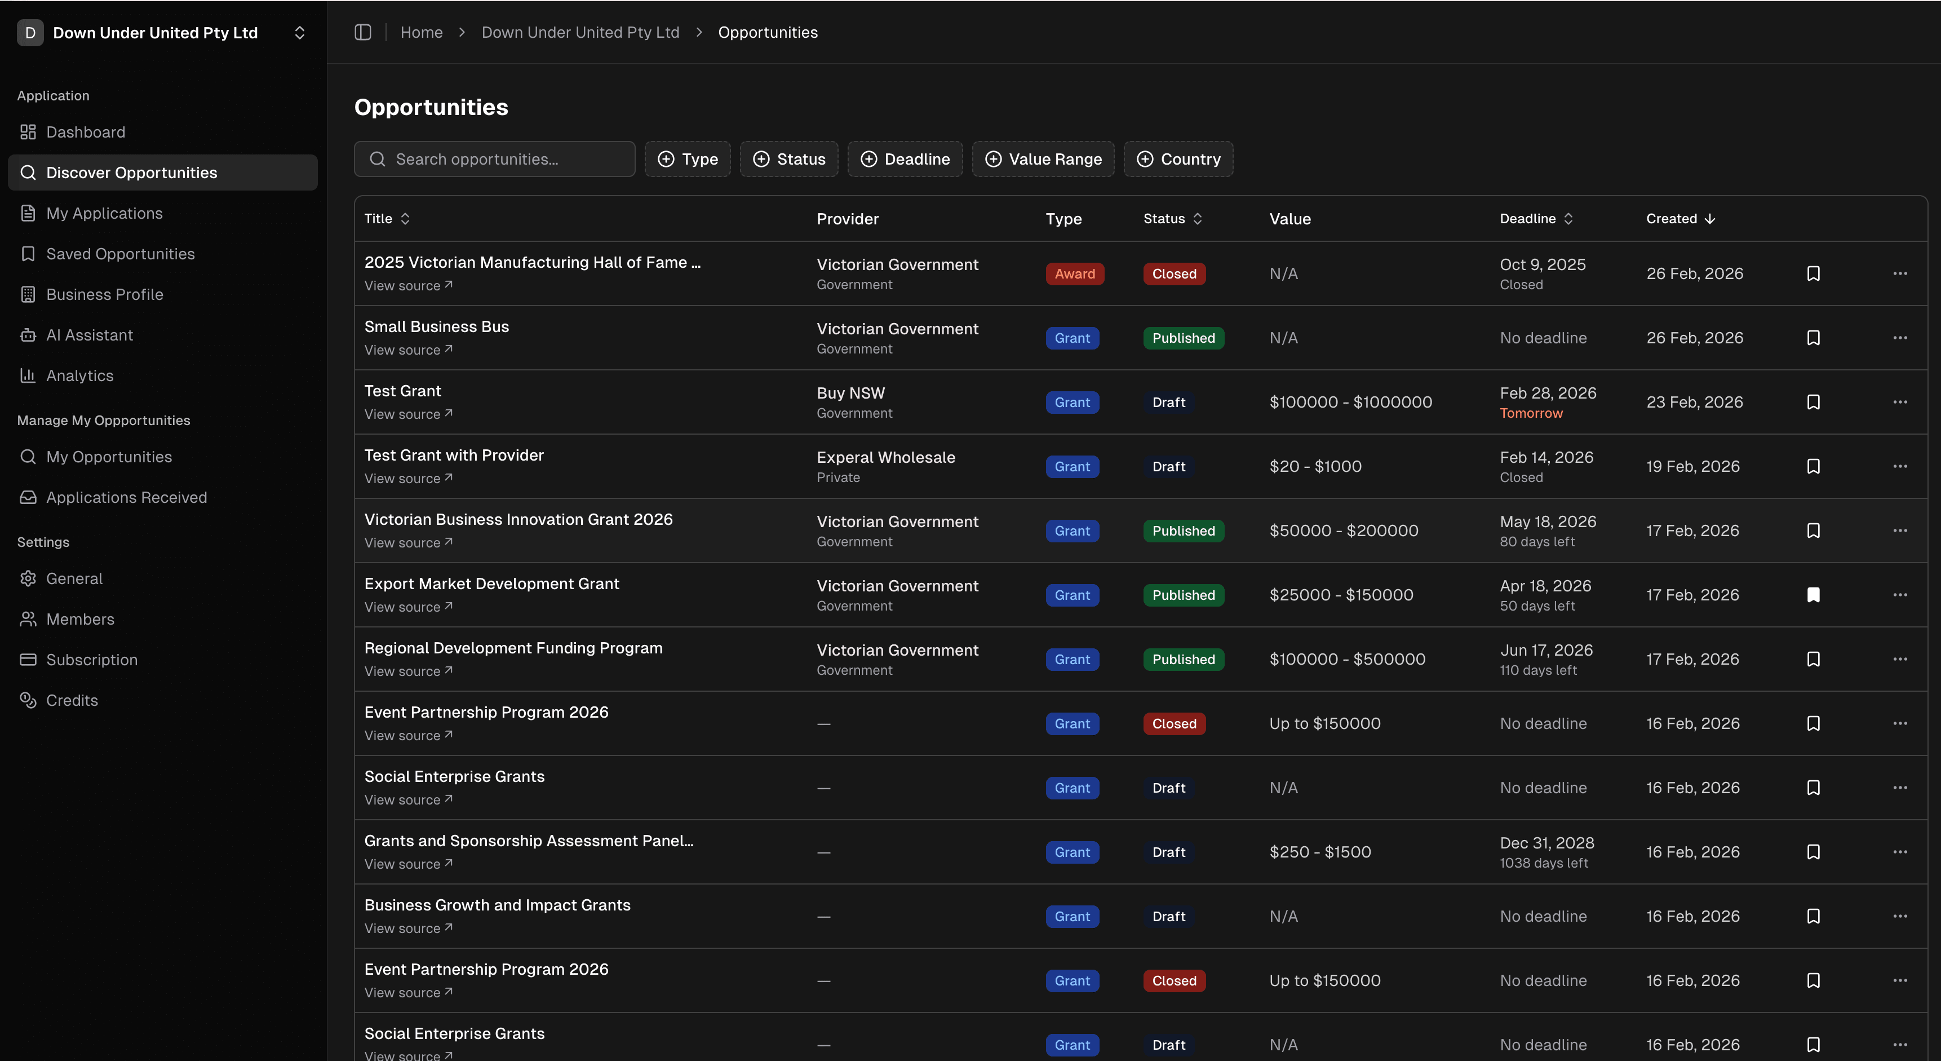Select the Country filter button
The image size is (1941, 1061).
[1178, 159]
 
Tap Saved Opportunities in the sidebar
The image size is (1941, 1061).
[120, 254]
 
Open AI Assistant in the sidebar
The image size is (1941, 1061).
[89, 335]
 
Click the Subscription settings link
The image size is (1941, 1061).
[91, 660]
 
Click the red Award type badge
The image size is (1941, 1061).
[1074, 273]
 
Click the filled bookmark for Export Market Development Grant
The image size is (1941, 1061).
[1813, 595]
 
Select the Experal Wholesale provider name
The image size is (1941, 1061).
[885, 457]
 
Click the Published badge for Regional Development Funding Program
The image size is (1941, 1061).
[1183, 660]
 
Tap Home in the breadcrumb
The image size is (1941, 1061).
[421, 32]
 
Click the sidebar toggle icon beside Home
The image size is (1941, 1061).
[363, 32]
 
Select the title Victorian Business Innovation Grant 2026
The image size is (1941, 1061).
[517, 519]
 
